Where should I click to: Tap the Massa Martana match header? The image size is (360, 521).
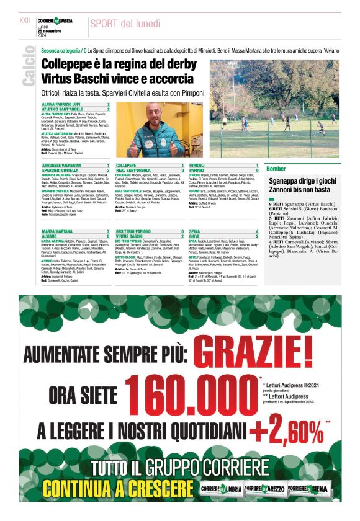[x=59, y=231]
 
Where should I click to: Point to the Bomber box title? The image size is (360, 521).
[x=276, y=169]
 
